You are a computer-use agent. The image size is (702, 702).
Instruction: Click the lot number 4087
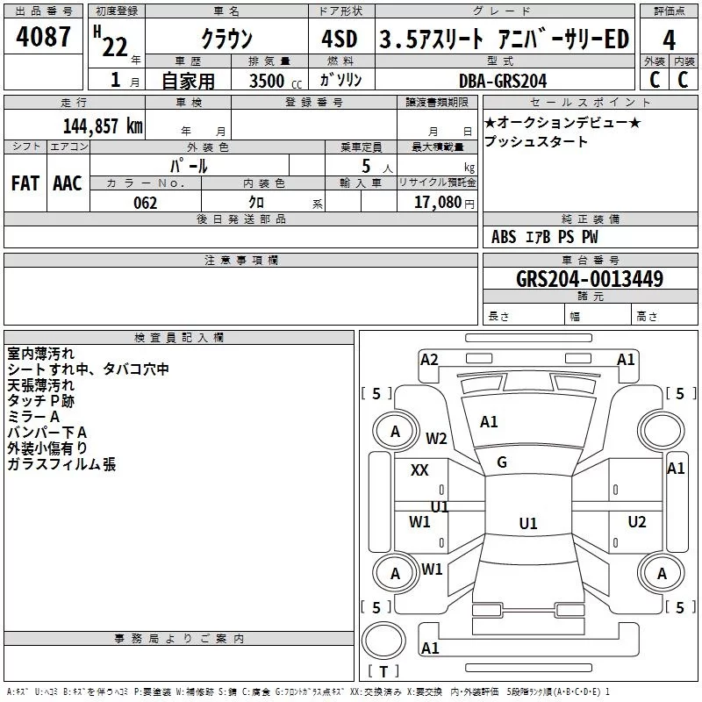point(43,36)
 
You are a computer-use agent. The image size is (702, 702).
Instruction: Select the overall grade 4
point(669,40)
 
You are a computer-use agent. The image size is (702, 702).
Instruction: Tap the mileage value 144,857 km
point(103,126)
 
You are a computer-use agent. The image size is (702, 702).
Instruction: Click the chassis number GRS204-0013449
point(590,279)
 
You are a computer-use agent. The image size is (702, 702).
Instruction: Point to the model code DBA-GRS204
point(503,81)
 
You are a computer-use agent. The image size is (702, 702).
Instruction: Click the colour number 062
point(145,203)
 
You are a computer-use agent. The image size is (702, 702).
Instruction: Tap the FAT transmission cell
point(25,183)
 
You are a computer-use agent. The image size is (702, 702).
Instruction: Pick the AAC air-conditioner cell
point(68,183)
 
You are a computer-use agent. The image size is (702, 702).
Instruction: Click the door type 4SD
point(340,39)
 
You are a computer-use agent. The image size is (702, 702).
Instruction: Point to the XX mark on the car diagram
point(419,470)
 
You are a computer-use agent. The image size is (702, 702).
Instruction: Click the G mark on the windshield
point(502,462)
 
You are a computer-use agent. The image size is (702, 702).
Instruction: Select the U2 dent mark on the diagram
point(637,521)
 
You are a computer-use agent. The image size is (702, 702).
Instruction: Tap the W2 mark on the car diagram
point(436,438)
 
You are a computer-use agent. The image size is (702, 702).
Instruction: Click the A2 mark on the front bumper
point(429,360)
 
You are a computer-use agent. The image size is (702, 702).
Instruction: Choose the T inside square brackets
point(383,671)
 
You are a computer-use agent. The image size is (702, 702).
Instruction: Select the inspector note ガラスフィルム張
point(61,464)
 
